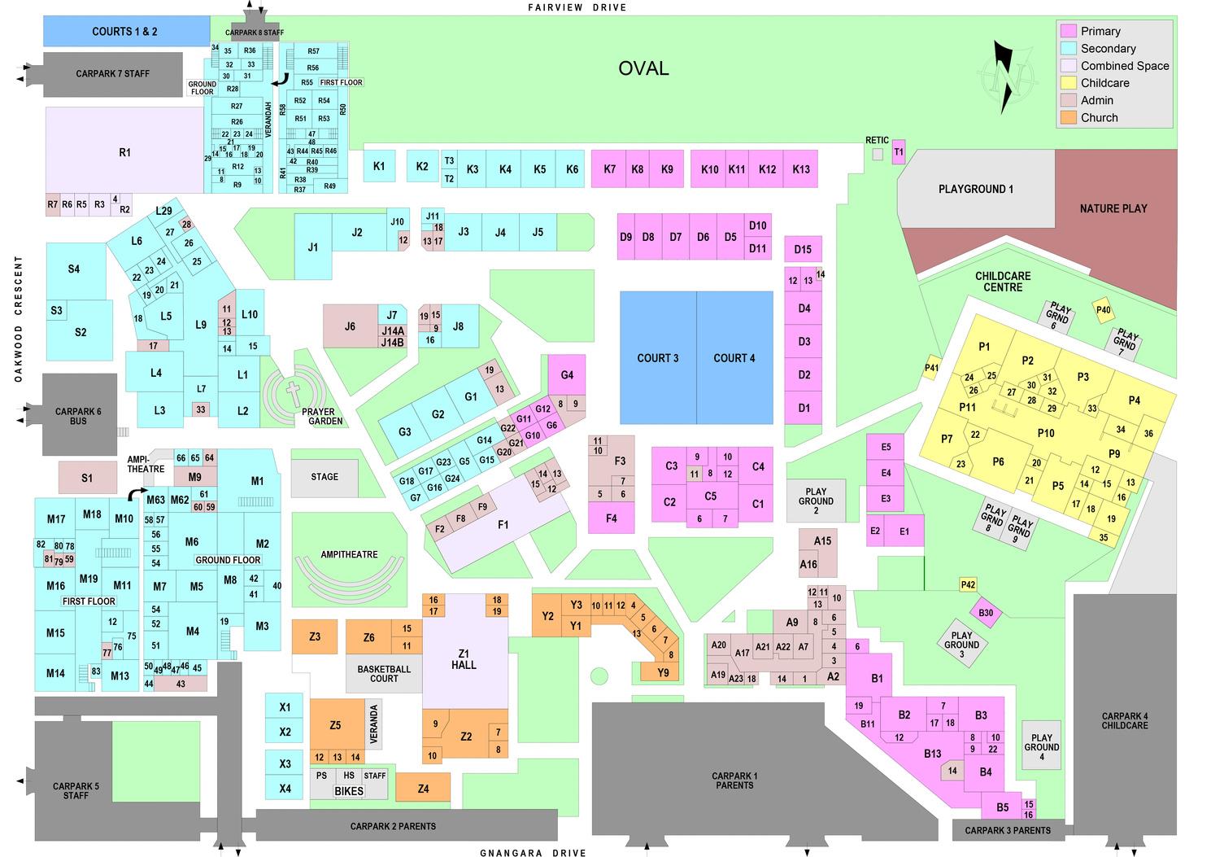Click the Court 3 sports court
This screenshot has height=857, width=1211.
point(658,358)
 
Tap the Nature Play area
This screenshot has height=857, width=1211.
point(1113,209)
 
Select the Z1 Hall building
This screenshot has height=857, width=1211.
point(464,658)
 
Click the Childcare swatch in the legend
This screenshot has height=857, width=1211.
point(1069,83)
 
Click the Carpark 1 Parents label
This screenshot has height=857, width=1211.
point(734,780)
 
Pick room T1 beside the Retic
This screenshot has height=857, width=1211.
point(899,152)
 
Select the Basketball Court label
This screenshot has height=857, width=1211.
point(384,674)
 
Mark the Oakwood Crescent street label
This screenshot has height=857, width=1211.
point(18,318)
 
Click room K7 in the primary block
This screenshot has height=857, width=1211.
point(610,169)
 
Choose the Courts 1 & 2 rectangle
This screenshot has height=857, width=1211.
point(125,32)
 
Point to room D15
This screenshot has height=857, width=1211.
point(803,249)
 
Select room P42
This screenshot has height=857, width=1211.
point(968,584)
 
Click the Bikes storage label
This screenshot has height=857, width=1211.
point(349,791)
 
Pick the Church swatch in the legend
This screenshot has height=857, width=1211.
point(1069,118)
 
